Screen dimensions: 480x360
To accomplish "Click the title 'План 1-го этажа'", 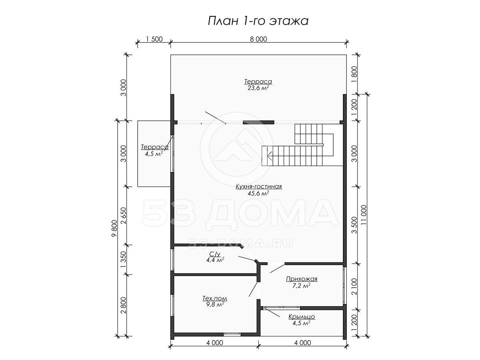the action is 258,21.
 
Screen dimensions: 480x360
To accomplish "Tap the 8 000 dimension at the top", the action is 258,39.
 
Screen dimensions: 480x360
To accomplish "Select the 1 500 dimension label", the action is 154,39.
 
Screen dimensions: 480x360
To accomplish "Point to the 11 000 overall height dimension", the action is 364,216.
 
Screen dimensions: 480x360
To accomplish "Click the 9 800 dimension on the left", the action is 114,228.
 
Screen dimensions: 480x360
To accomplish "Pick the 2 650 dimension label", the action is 124,216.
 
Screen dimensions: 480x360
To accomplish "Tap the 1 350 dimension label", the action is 124,260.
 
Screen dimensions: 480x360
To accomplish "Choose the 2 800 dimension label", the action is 124,305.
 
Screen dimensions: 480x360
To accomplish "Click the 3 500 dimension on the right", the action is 354,225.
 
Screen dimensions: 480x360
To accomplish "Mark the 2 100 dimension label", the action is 354,286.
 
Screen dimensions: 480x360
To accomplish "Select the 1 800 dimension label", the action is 354,74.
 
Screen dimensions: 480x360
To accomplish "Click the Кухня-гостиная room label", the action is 259,186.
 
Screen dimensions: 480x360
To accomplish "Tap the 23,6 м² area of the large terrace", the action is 258,88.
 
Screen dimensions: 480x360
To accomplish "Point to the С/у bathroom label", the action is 215,254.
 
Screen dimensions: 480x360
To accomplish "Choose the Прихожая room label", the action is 302,279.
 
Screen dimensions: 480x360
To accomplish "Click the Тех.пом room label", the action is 215,298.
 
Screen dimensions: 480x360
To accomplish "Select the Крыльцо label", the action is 302,316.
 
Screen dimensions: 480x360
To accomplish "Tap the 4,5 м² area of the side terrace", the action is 154,154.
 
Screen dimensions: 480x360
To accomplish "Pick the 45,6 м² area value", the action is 258,193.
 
